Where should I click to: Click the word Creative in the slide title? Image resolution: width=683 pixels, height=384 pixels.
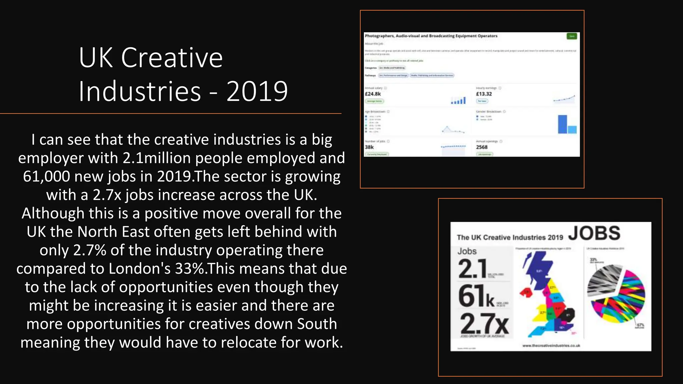click(172, 58)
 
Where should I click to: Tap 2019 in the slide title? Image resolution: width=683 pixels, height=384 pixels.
click(257, 91)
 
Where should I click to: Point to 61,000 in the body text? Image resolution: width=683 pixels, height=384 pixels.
click(46, 176)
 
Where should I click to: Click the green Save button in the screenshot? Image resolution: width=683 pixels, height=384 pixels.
click(572, 36)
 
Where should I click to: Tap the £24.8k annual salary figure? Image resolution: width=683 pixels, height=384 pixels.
click(373, 94)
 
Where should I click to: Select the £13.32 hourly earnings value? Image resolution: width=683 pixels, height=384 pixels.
click(484, 94)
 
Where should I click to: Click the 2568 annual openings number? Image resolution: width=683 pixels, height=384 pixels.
click(482, 147)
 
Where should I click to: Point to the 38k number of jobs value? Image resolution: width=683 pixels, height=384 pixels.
click(369, 147)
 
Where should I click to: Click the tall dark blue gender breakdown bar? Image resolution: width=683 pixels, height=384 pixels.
click(562, 124)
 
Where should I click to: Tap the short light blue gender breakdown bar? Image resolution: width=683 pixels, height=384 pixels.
click(572, 129)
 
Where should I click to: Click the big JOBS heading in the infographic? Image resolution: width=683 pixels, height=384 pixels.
click(594, 233)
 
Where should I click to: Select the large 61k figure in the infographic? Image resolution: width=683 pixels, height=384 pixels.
click(476, 296)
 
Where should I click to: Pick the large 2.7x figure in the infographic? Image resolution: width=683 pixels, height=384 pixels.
click(484, 324)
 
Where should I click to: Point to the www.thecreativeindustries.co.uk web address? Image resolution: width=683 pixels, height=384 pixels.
click(551, 346)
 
